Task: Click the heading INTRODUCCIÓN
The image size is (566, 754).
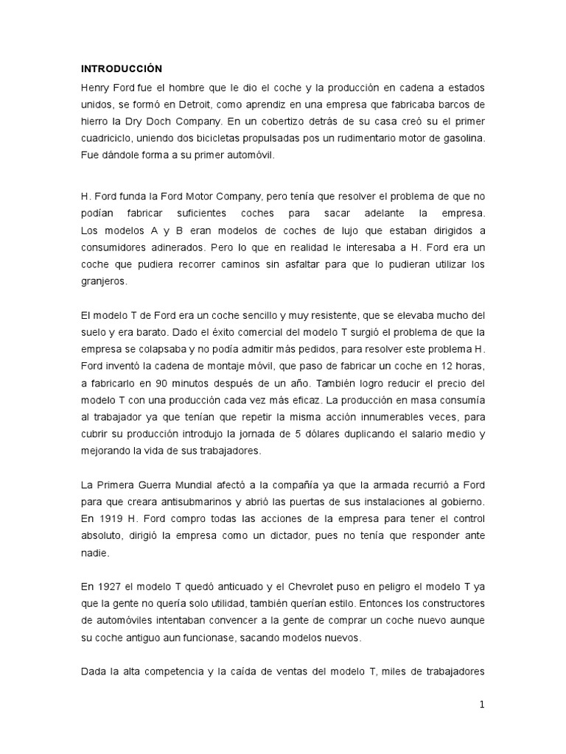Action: point(121,68)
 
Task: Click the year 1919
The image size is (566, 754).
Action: point(107,520)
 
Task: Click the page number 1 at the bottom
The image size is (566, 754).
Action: point(481,705)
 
